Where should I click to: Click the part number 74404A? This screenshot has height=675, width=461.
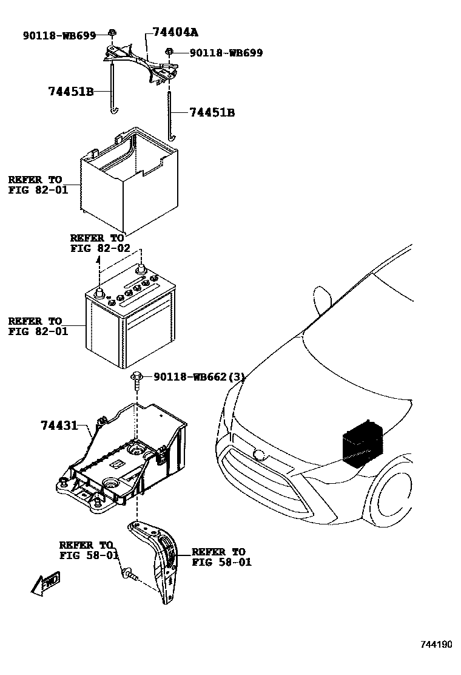[x=175, y=33]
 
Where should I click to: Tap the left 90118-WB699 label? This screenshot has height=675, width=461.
[x=59, y=36]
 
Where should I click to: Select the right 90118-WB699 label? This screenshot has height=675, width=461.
[x=226, y=53]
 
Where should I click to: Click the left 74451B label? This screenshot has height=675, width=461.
[x=70, y=92]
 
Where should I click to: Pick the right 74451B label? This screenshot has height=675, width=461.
[x=212, y=112]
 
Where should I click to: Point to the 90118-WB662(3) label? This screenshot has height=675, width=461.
[x=200, y=377]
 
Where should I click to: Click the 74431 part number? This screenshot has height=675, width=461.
[x=59, y=426]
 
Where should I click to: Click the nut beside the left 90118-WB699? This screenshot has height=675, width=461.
[x=112, y=33]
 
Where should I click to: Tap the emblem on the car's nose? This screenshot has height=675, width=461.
[x=258, y=453]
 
